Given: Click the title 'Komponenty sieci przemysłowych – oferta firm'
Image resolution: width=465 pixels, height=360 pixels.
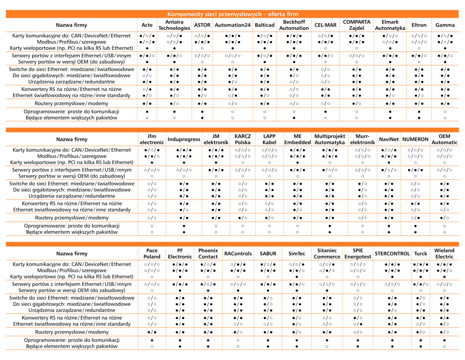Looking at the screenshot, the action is point(232,14).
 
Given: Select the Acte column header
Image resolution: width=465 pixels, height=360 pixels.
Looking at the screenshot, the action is point(147,25).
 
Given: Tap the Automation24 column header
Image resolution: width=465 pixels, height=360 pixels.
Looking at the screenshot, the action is point(232,25).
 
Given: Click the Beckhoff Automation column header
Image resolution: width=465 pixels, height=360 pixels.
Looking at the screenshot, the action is point(294,25).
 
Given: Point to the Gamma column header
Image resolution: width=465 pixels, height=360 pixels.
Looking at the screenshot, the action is point(445,25).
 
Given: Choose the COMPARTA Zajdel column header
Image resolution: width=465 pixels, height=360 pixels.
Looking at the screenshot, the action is point(356,25).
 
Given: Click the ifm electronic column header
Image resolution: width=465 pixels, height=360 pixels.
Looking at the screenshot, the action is point(152,139).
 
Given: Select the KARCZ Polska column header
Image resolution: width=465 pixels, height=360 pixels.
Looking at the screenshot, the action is point(242,139).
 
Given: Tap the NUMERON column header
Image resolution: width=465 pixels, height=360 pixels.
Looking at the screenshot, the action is point(415,139).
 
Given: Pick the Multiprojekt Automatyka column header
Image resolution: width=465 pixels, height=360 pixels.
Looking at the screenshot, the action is point(329,139).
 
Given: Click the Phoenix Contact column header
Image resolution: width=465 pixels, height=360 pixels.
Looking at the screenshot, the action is point(208,254).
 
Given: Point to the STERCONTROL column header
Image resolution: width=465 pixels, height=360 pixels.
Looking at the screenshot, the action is point(392,254).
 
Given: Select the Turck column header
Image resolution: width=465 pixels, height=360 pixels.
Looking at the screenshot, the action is point(421,254).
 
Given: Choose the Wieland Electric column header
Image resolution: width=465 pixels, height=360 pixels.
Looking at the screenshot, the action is point(444,254).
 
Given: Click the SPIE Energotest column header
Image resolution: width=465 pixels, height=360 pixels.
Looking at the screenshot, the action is point(358,254).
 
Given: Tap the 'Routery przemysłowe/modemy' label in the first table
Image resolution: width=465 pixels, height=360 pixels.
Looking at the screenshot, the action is point(71,103).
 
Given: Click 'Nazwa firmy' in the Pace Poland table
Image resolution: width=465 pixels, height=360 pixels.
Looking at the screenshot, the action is point(72,254).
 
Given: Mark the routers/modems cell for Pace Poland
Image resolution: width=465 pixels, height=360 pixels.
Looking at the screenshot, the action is point(152,332).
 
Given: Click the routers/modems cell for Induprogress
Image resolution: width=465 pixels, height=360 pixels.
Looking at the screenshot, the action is point(184,218).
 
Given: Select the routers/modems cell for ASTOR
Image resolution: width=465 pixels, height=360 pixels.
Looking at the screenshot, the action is point(202,104).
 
